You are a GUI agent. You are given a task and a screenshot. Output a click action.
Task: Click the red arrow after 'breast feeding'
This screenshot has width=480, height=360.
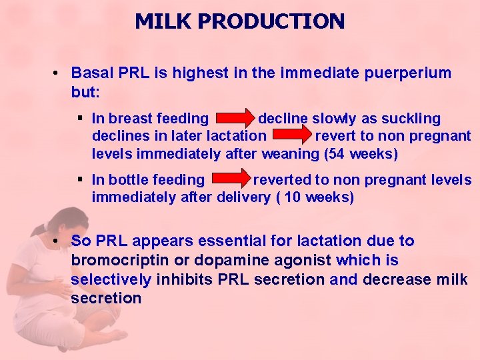(233, 119)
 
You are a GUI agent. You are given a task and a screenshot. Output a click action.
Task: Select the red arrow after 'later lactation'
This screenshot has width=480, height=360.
(291, 137)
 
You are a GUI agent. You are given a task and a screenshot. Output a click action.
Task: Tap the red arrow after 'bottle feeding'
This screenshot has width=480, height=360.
(229, 180)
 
